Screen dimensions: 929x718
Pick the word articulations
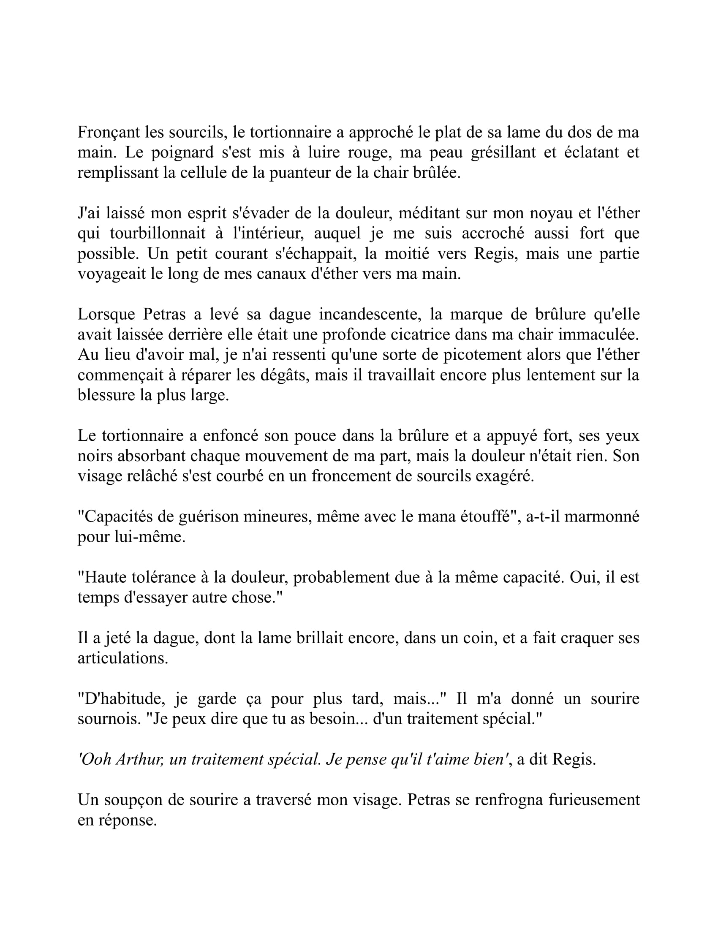pyautogui.click(x=122, y=658)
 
